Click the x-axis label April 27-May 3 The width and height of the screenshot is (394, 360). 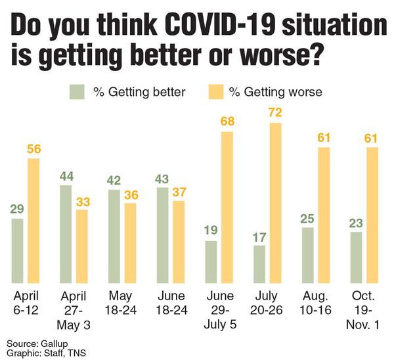pos(74,302)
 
